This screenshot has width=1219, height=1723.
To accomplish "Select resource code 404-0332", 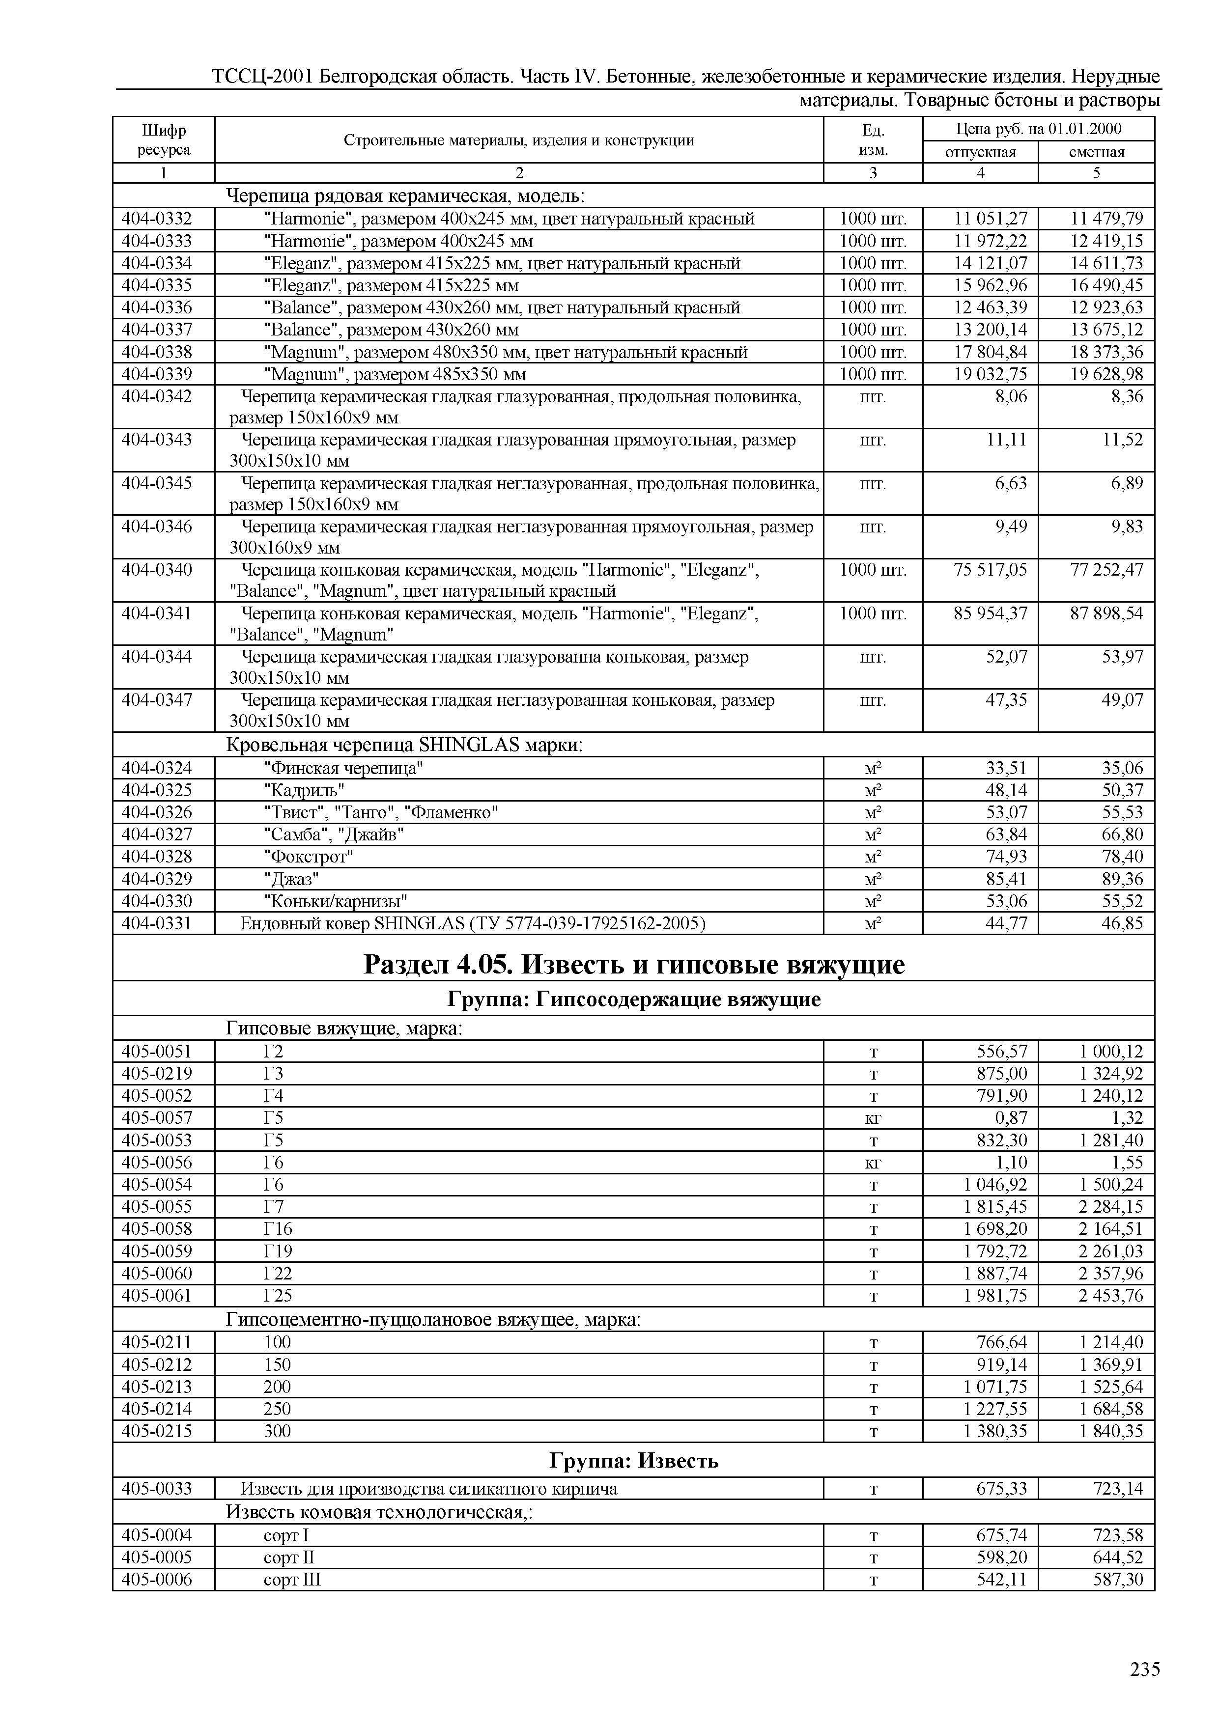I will pyautogui.click(x=157, y=219).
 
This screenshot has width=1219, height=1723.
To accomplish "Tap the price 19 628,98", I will pyautogui.click(x=1106, y=374).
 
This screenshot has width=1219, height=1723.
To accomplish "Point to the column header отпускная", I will pyautogui.click(x=980, y=152).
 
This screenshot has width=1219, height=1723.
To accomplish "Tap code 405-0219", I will pyautogui.click(x=157, y=1073).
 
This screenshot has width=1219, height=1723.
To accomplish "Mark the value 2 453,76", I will pyautogui.click(x=1111, y=1295).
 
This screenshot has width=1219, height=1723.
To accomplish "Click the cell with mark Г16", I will pyautogui.click(x=278, y=1228).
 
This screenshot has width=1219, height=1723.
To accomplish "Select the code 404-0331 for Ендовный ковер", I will pyautogui.click(x=157, y=923).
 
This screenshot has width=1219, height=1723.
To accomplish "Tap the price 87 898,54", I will pyautogui.click(x=1106, y=613).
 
